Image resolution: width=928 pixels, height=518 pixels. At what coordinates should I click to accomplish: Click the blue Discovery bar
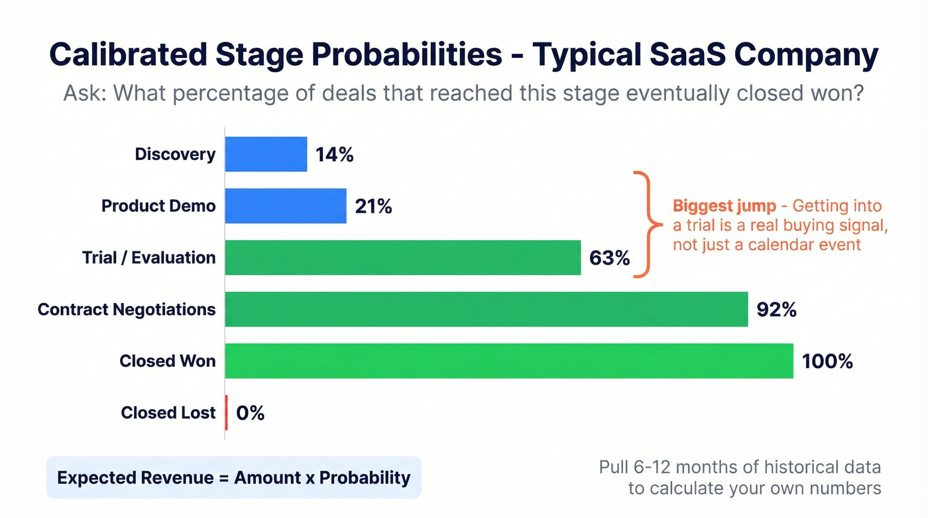pos(266,155)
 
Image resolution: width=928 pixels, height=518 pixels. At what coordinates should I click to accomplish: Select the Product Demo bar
pos(286,206)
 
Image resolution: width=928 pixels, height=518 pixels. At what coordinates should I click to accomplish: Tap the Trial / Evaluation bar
pos(402,257)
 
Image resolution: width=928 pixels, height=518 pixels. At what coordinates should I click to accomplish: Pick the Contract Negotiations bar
pos(486,309)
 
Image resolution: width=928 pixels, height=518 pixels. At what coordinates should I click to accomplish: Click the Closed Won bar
pos(508,361)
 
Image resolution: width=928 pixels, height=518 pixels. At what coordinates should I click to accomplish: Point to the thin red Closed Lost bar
pos(227,413)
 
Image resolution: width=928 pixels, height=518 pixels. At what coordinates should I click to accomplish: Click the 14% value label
pos(334,155)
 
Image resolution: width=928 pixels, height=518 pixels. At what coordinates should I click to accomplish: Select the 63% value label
pos(609,258)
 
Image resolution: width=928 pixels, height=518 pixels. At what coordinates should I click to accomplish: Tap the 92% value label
pos(776,310)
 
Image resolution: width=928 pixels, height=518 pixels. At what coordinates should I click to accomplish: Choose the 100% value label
pos(827,361)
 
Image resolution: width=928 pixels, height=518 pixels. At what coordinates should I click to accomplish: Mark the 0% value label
pos(250,413)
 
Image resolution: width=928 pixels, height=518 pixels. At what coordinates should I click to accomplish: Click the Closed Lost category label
pos(168,413)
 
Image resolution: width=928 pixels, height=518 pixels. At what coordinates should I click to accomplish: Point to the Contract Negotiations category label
pos(127,309)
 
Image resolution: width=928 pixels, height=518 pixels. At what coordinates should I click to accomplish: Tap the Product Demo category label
pos(158,206)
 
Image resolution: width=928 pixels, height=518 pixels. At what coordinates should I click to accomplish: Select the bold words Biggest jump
pos(724,206)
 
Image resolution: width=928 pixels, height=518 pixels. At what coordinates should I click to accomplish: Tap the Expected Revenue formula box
pos(233,478)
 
